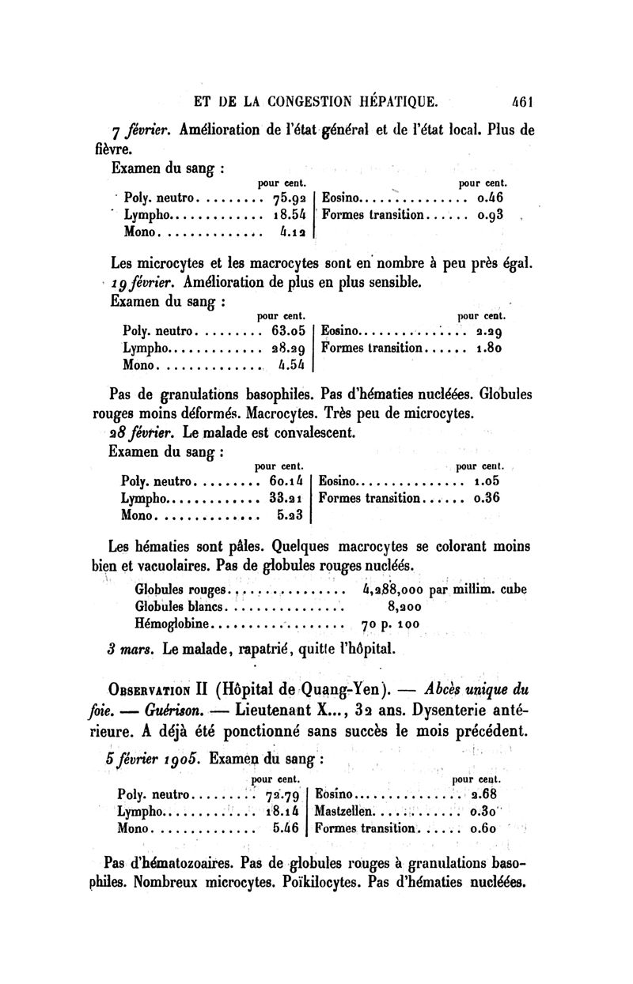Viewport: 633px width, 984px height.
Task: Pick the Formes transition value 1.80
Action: (490, 348)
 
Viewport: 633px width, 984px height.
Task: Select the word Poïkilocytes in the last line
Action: (320, 882)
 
